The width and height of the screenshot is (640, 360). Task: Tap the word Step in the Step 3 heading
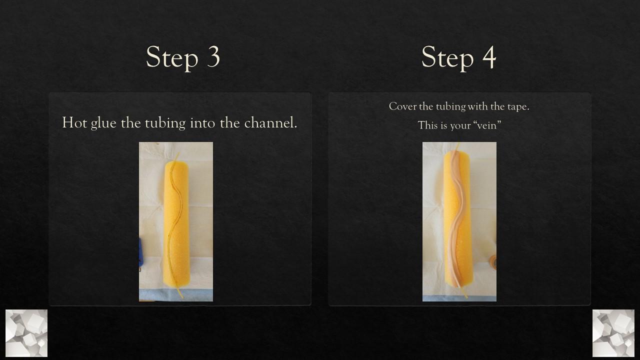coord(172,58)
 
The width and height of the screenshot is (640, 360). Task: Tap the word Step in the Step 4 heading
coord(447,58)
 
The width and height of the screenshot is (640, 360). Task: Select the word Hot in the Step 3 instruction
coord(74,122)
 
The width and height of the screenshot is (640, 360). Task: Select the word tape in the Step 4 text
coord(517,107)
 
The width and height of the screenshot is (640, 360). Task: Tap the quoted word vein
coord(486,125)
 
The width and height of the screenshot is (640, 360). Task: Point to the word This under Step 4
coord(427,125)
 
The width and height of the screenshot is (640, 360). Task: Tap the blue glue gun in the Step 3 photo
coord(141,252)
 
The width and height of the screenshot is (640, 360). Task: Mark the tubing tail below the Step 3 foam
coord(179,293)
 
